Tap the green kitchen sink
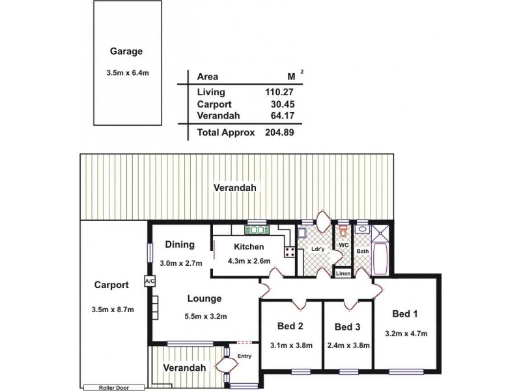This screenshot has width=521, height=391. click(x=256, y=229)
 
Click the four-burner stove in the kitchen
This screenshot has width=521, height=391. click(x=289, y=252)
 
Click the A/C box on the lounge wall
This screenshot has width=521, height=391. click(x=149, y=282)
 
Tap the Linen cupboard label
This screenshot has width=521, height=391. click(x=343, y=274)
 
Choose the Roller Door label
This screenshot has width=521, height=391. click(x=107, y=387)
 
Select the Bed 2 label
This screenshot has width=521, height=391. click(x=290, y=326)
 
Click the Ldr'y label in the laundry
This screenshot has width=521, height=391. click(x=318, y=248)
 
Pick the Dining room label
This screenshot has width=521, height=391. click(x=180, y=245)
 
